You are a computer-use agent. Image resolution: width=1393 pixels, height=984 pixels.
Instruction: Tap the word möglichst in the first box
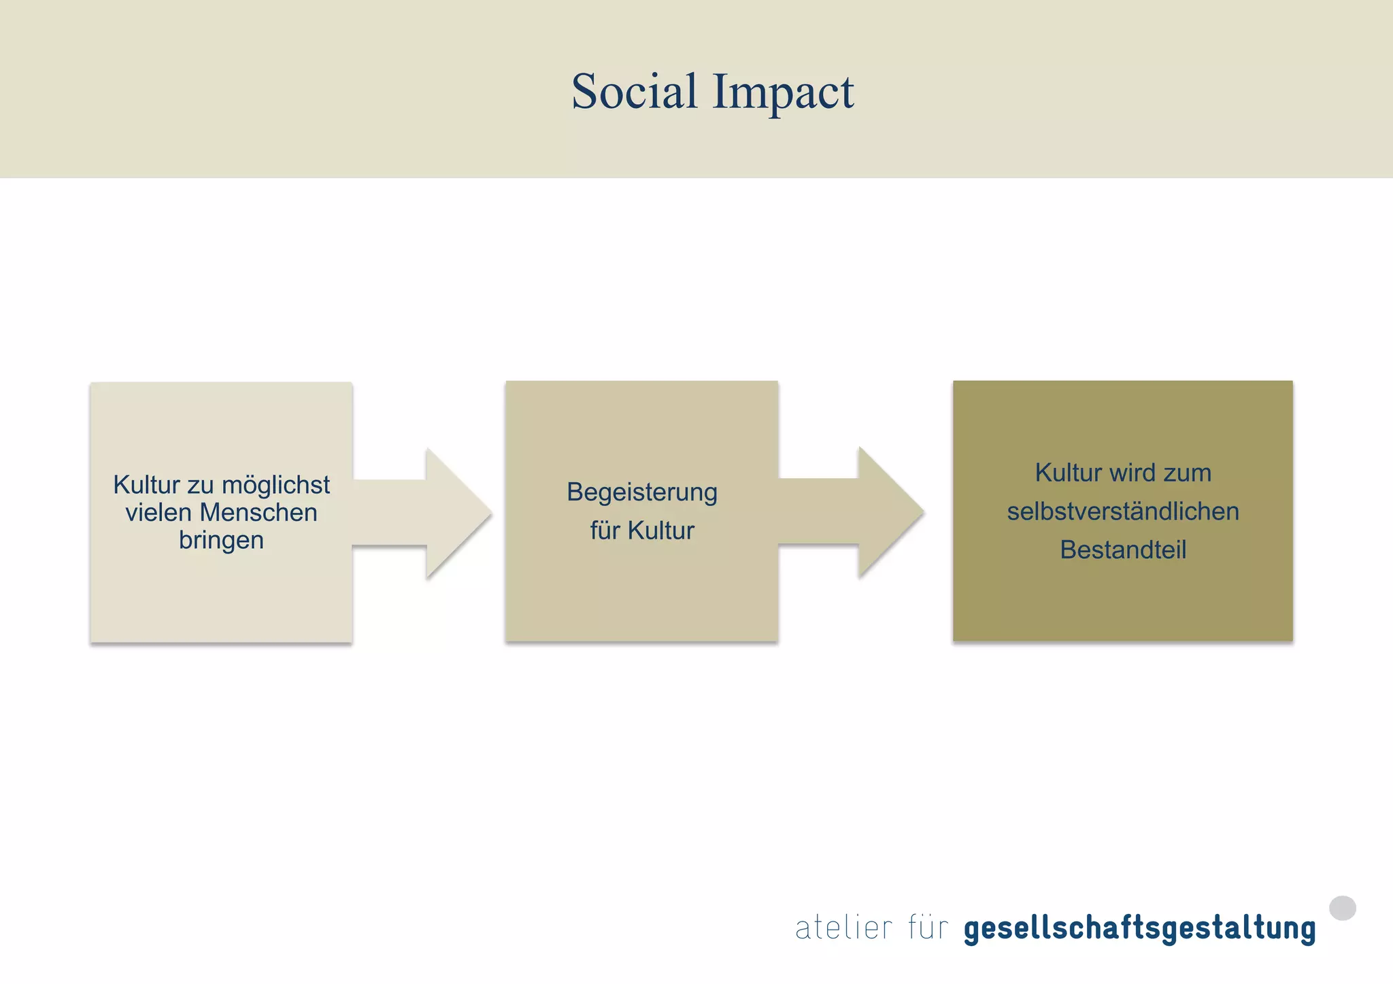(x=275, y=486)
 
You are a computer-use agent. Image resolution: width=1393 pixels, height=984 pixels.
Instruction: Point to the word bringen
(x=221, y=541)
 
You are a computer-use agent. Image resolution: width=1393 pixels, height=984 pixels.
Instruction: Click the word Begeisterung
(x=642, y=492)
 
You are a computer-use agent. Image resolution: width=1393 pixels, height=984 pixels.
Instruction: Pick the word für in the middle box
(x=605, y=530)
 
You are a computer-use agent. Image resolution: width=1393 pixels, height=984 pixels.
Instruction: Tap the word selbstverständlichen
(x=1123, y=511)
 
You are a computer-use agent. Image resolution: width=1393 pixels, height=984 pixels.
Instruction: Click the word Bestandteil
(x=1123, y=549)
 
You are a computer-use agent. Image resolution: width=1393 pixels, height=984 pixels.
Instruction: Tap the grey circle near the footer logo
(x=1342, y=908)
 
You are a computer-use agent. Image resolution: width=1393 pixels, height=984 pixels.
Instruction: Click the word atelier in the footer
(x=843, y=928)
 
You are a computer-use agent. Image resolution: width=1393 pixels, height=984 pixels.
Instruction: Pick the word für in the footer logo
(x=928, y=928)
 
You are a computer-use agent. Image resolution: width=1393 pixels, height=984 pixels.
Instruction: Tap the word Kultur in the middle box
(x=660, y=530)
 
